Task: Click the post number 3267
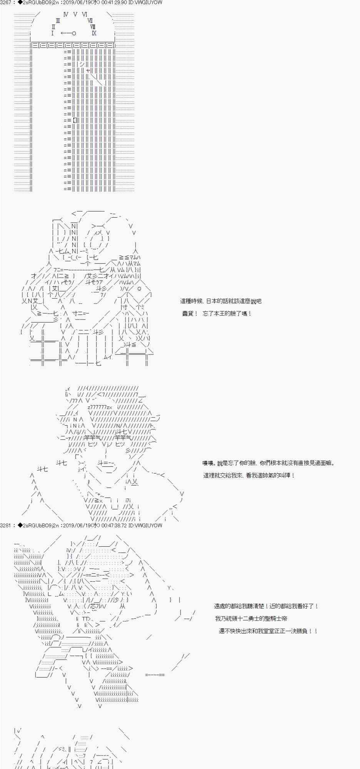click(x=7, y=2)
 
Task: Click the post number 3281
click(x=7, y=525)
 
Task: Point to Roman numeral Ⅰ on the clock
click(x=52, y=33)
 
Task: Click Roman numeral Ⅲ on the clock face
click(x=58, y=21)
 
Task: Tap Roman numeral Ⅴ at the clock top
click(x=75, y=14)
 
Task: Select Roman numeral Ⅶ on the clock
click(x=90, y=21)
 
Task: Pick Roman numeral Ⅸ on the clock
click(x=94, y=33)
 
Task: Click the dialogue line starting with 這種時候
click(x=221, y=301)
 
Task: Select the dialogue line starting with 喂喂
click(x=268, y=463)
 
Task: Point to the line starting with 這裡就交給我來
click(x=249, y=475)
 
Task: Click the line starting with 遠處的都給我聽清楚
click(x=266, y=606)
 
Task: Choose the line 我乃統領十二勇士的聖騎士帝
click(x=251, y=618)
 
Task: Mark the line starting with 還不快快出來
click(x=268, y=631)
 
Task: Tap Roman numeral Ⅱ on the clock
click(x=53, y=27)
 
